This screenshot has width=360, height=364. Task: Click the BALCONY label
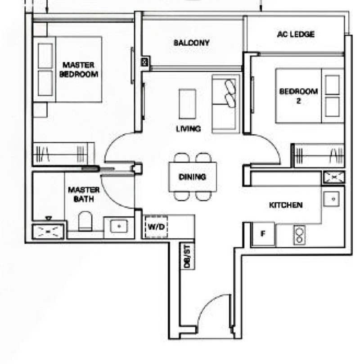192,43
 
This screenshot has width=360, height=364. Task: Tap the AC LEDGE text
296,34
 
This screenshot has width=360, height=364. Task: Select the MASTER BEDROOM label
79,69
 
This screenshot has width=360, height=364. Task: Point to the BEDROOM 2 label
298,96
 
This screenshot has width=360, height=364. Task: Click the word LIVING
189,129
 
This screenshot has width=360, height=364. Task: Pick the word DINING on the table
192,177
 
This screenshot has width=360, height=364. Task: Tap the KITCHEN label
286,205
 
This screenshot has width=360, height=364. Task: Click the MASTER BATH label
84,195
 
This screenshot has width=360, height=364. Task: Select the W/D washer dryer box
156,227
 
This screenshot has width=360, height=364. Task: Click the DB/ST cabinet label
187,256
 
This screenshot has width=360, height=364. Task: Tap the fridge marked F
263,234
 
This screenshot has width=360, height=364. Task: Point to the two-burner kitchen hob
299,235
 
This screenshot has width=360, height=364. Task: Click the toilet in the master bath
85,221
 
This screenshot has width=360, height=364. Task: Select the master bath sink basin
119,226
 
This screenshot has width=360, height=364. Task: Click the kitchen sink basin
332,199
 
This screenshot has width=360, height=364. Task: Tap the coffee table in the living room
187,104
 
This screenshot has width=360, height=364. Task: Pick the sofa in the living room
226,104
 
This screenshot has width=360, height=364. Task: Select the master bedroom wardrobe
64,153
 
